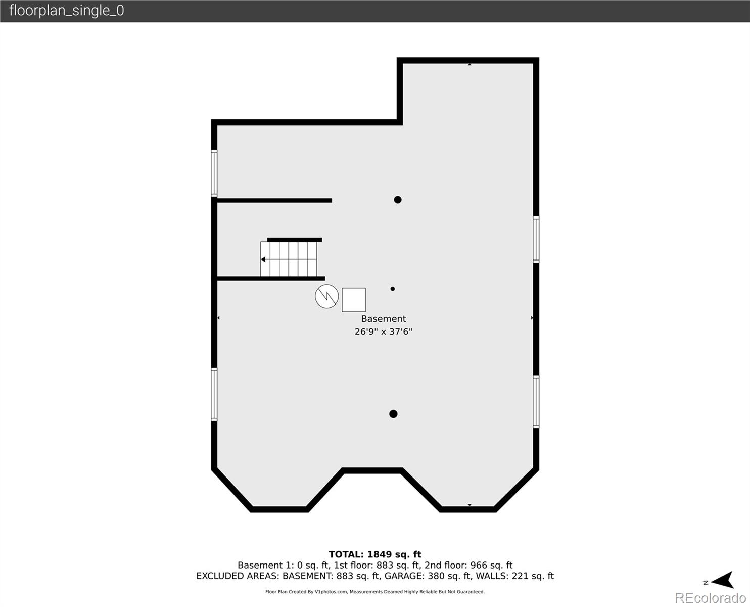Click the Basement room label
(x=383, y=319)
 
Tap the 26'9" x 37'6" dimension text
(x=383, y=332)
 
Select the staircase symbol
(x=291, y=259)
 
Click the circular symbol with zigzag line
(x=326, y=296)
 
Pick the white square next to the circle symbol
(x=354, y=300)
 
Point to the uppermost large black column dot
(x=398, y=200)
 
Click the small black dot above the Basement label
(x=393, y=289)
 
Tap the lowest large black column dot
(x=393, y=414)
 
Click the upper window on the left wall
(x=214, y=173)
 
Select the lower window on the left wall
(x=214, y=395)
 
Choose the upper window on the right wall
(x=536, y=239)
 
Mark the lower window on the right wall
(x=536, y=402)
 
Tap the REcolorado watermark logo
(x=710, y=598)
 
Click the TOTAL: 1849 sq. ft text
(x=374, y=554)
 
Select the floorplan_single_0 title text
(x=66, y=11)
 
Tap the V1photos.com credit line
(x=374, y=592)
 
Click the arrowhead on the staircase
(x=263, y=259)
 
